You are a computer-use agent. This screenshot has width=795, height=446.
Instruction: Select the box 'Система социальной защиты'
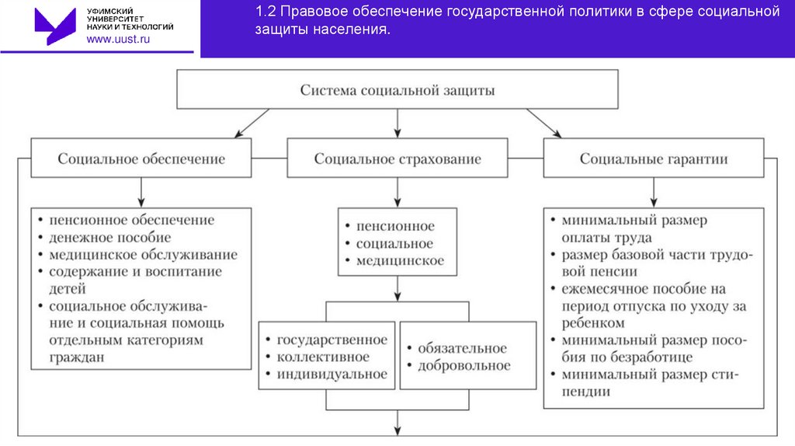(x=397, y=90)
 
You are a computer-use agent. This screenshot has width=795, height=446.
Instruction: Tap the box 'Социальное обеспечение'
(x=141, y=159)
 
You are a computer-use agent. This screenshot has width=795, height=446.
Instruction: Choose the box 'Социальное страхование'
(x=397, y=159)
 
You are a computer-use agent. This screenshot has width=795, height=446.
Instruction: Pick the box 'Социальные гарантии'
(x=654, y=159)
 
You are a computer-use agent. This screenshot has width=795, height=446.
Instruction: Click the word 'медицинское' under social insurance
(x=400, y=261)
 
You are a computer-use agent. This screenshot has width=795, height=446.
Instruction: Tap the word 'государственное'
(x=332, y=340)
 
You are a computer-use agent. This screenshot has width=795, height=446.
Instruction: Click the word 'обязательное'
(x=462, y=348)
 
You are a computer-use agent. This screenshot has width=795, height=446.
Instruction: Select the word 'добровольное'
(x=463, y=365)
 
